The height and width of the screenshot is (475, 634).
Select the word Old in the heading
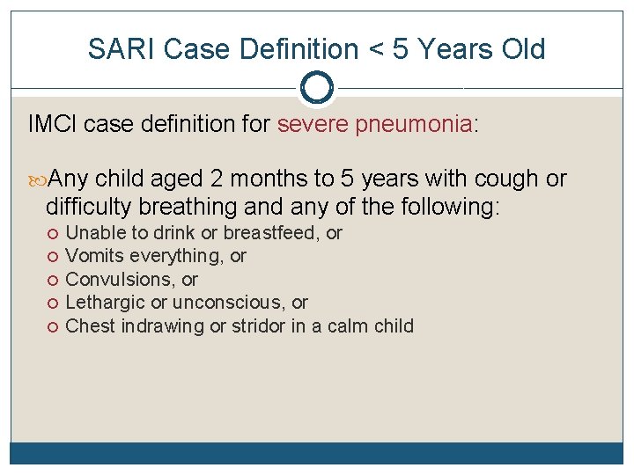523,49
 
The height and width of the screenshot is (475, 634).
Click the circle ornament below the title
316,87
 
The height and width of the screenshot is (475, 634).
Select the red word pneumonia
414,124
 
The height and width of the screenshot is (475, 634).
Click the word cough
508,179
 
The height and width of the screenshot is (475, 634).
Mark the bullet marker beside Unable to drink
53,233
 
